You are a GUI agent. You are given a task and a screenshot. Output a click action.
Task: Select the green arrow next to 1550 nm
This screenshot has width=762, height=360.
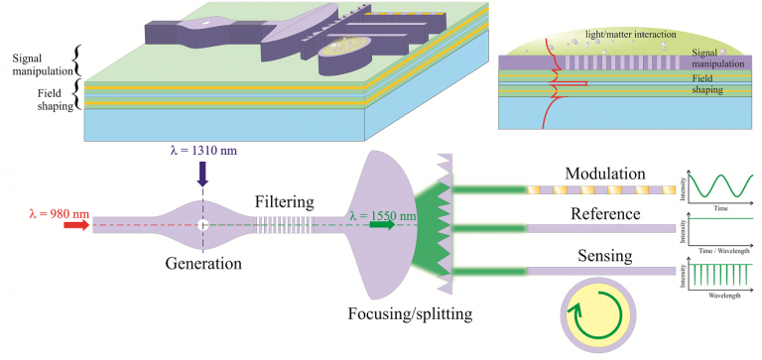click(382, 225)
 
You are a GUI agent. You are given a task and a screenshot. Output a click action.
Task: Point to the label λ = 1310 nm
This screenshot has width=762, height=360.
click(202, 151)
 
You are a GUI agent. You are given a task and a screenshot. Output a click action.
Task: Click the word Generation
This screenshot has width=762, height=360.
click(202, 264)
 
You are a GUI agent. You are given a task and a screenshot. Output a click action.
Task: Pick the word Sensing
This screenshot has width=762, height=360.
click(605, 256)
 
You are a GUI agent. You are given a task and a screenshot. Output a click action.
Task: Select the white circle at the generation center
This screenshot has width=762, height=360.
click(202, 226)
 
